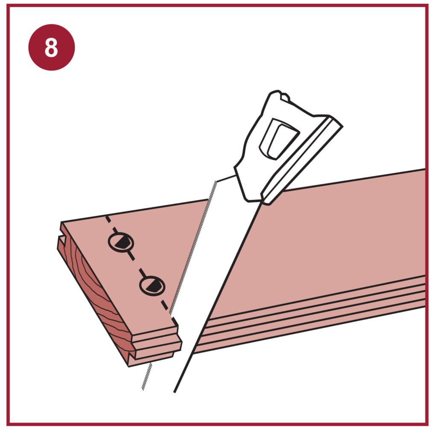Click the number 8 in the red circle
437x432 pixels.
[x=51, y=47]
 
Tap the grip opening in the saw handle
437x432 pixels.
[x=279, y=139]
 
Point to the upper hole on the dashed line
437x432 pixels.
[x=121, y=242]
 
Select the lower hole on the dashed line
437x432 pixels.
[x=152, y=286]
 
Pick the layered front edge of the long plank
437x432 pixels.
[x=309, y=315]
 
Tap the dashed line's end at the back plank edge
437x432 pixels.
[x=106, y=217]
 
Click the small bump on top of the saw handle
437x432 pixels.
[x=285, y=97]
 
